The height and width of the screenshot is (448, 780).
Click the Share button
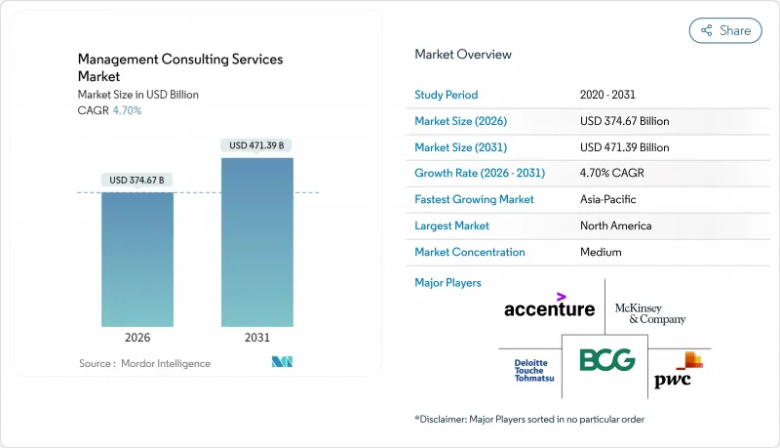coord(725,30)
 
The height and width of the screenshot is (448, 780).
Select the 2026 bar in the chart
coord(137,259)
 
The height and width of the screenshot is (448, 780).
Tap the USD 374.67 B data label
coord(137,181)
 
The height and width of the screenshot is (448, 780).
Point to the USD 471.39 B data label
coord(257,145)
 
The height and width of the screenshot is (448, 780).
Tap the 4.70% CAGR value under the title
coord(126,110)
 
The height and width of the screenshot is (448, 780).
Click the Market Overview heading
coord(463,55)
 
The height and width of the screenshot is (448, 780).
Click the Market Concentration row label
coord(470,252)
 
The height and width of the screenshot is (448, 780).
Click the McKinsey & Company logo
coord(650,313)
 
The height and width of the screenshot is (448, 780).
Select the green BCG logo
coord(607,360)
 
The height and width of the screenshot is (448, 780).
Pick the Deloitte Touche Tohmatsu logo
coord(534,370)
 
